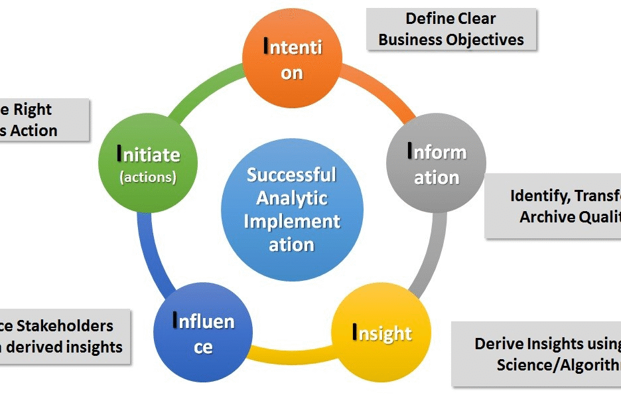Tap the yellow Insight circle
coord(381,333)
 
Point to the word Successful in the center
coord(292,175)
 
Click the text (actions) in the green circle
coord(148,177)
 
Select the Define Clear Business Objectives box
coord(451,29)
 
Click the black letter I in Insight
coord(356,333)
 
